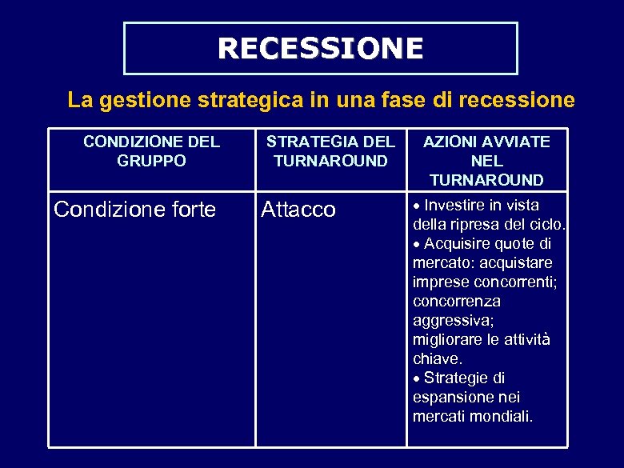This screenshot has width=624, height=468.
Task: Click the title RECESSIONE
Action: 320,48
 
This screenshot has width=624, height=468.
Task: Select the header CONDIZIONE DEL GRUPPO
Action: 151,151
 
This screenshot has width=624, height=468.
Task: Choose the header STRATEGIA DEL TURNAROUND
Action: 330,151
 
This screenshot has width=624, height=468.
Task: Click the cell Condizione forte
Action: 134,210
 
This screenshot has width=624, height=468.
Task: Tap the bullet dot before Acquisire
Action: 417,244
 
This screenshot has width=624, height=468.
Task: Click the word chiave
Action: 437,358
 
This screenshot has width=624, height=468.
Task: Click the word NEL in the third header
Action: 486,161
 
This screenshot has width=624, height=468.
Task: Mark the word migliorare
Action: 448,339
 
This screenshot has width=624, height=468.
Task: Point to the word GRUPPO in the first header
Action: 151,161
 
